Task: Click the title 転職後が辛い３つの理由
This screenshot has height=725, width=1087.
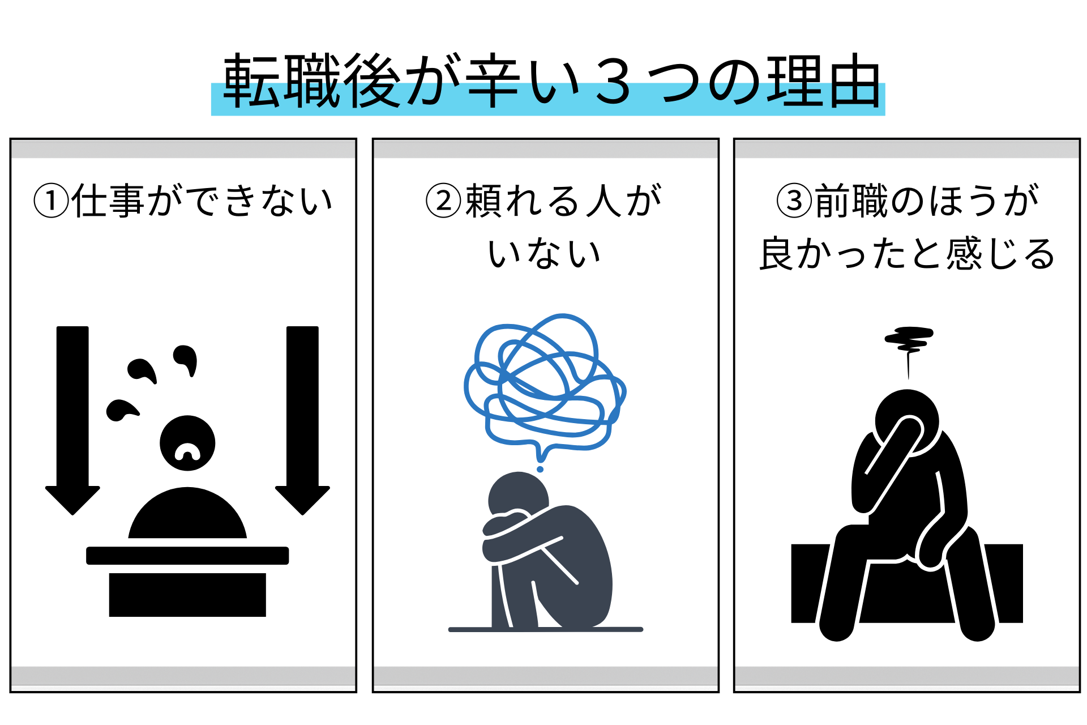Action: point(552,81)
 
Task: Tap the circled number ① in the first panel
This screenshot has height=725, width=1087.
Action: point(51,201)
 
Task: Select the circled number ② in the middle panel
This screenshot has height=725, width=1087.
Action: point(443,201)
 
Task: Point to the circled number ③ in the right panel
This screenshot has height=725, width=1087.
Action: point(794,201)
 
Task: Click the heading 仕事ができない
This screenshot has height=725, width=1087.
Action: point(202,201)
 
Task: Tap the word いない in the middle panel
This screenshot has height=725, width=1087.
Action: point(545,253)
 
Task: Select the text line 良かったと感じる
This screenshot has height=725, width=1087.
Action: point(907,253)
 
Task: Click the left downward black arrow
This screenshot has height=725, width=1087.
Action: point(72,420)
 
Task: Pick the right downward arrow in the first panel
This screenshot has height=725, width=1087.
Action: point(302,420)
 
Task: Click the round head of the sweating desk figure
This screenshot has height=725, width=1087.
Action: point(187,443)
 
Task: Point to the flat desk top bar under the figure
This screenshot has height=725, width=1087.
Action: point(187,556)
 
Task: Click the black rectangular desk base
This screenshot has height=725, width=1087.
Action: point(187,595)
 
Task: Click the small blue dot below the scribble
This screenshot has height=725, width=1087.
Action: point(540,469)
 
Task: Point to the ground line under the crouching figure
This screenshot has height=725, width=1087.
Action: point(546,629)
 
